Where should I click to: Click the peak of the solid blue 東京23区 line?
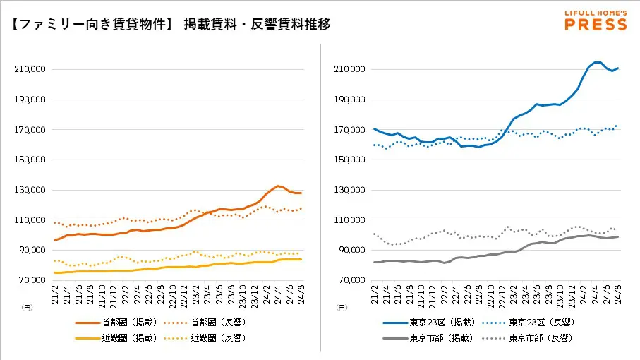(x=597, y=62)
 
